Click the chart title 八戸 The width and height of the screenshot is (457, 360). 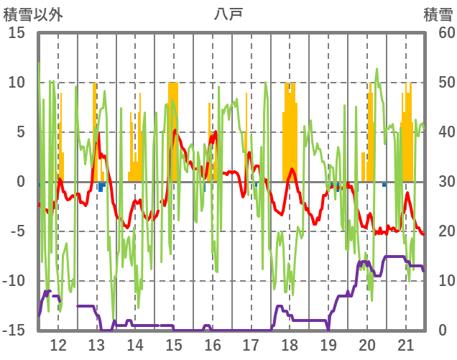pos(228,14)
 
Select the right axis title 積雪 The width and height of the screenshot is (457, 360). pos(437,14)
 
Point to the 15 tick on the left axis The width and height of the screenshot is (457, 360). pos(17,33)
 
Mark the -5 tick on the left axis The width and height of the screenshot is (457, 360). pos(17,231)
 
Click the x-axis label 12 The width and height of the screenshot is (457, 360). pos(58,344)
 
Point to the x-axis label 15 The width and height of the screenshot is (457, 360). pos(174,344)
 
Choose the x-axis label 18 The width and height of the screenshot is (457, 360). pos(290,344)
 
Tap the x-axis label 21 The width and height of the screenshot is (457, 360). pos(406,344)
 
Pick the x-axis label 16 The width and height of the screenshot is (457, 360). pos(213,344)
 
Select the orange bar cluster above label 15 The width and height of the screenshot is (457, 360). pos(173,129)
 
